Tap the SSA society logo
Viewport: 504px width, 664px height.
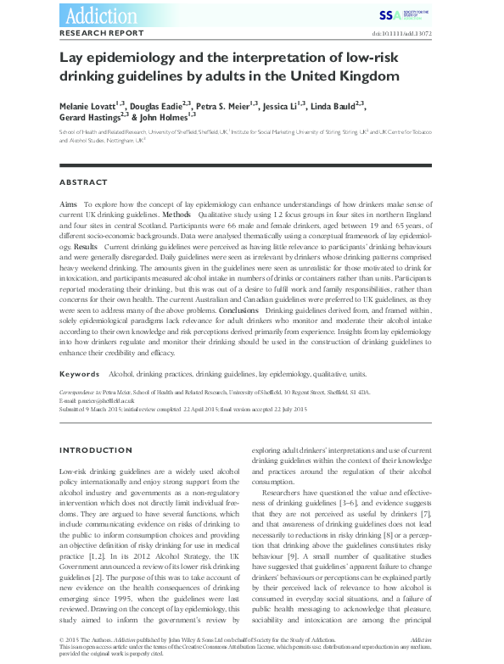tap(396, 14)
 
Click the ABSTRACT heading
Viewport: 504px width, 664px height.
tap(83, 182)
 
